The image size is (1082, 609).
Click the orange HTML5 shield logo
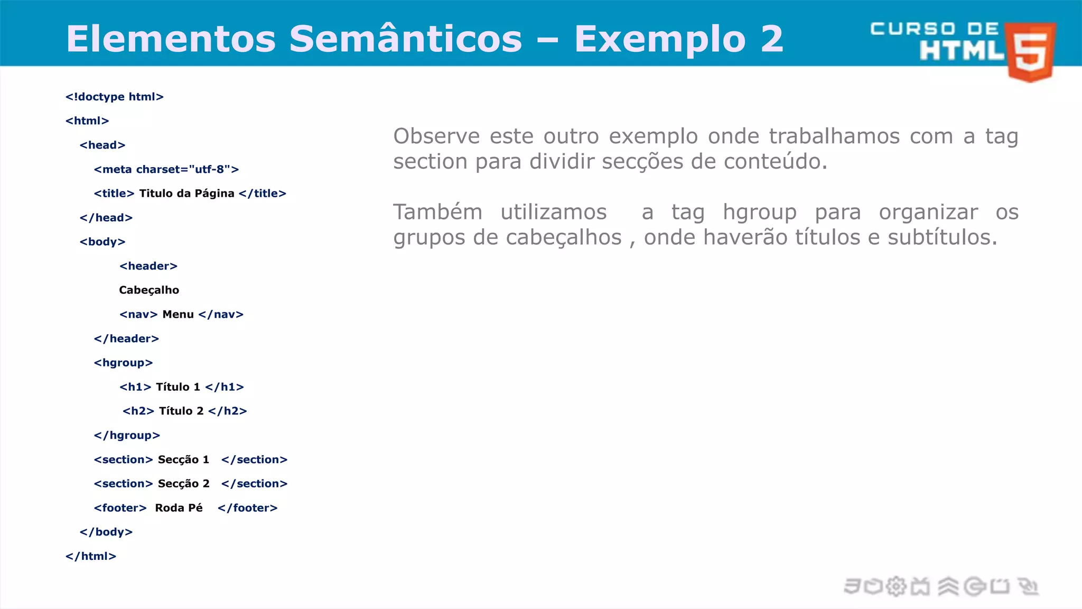[1031, 52]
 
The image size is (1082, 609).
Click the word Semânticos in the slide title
[405, 39]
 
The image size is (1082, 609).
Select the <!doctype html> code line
[115, 97]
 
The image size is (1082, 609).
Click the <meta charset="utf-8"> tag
[166, 169]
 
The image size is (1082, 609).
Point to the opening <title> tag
[114, 193]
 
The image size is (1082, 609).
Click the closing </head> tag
[106, 218]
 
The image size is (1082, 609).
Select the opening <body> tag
[102, 242]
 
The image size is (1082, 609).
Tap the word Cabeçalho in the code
[149, 290]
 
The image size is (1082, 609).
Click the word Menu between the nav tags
[178, 315]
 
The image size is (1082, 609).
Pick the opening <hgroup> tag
[123, 363]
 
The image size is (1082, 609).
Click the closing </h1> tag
[225, 387]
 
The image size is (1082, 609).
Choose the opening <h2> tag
[138, 411]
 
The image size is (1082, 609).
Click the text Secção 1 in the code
[183, 460]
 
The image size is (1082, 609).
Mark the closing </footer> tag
[248, 508]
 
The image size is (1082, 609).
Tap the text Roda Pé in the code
[179, 508]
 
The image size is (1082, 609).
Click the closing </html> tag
[91, 556]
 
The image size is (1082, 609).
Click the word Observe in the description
[436, 136]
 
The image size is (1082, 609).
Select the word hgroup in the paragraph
[760, 213]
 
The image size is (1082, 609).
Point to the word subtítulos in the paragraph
[942, 237]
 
